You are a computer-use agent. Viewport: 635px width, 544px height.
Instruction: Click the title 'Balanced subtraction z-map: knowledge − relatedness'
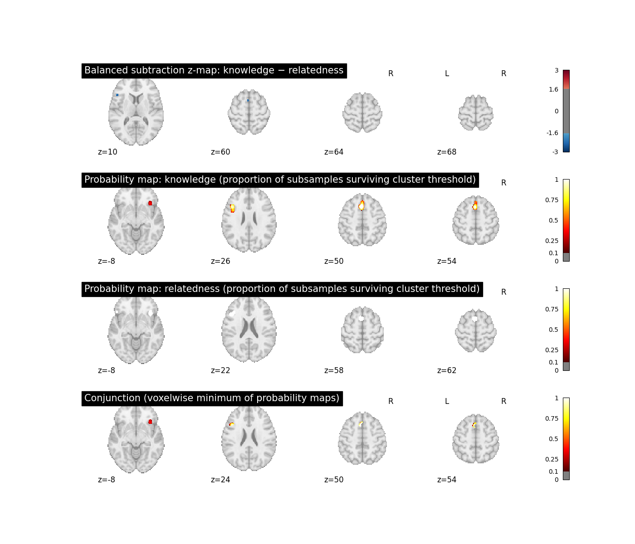click(x=214, y=70)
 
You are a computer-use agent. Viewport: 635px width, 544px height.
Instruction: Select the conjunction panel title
click(x=212, y=398)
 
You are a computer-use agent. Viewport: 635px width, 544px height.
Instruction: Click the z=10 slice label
click(x=107, y=152)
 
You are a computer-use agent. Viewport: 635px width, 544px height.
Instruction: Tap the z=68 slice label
click(x=447, y=152)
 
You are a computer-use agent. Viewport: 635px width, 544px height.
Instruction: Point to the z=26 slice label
click(x=220, y=261)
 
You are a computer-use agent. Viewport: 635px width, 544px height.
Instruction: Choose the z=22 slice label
click(x=220, y=370)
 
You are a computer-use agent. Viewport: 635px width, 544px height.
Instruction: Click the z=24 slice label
click(x=220, y=480)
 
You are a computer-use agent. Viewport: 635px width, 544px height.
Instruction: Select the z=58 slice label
click(x=334, y=370)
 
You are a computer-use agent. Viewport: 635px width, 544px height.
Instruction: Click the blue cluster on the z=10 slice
click(x=117, y=95)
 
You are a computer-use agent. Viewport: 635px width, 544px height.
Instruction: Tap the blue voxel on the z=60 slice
click(x=248, y=100)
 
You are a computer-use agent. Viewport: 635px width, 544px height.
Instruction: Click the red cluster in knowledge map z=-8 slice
click(x=150, y=203)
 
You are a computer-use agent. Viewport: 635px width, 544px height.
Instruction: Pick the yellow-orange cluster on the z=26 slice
click(x=232, y=209)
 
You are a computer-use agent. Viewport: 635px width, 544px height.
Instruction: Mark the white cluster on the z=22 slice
click(x=232, y=314)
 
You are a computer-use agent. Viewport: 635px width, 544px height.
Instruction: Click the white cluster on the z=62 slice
click(x=475, y=319)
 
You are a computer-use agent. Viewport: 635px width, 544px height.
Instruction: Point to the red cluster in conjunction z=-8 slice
click(x=150, y=422)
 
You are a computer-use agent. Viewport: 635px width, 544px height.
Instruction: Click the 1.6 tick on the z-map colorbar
click(x=554, y=89)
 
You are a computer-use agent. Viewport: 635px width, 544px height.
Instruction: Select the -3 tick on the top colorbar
click(x=555, y=152)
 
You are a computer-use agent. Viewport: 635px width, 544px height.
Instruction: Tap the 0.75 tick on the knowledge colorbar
click(x=552, y=200)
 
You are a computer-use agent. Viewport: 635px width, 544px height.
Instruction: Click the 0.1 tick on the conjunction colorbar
click(x=554, y=471)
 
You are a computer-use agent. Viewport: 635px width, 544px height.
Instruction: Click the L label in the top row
click(x=447, y=74)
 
